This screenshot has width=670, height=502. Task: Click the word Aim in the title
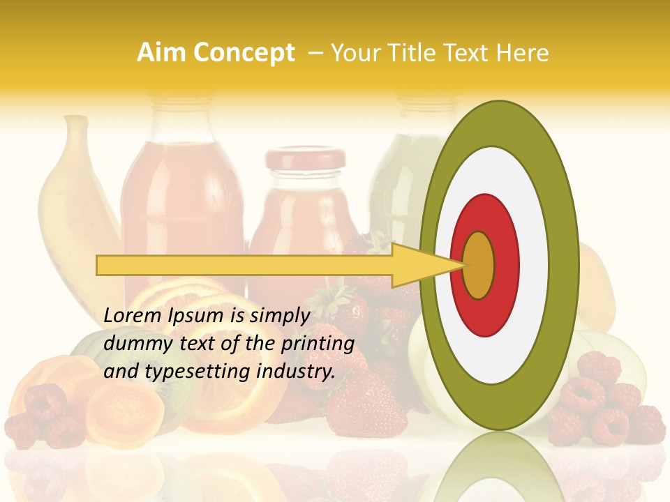coord(161,53)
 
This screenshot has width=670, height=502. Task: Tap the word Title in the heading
coord(414,53)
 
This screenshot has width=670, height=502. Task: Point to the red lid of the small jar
coord(304,158)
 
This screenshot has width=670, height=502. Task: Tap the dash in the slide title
coord(315,53)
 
